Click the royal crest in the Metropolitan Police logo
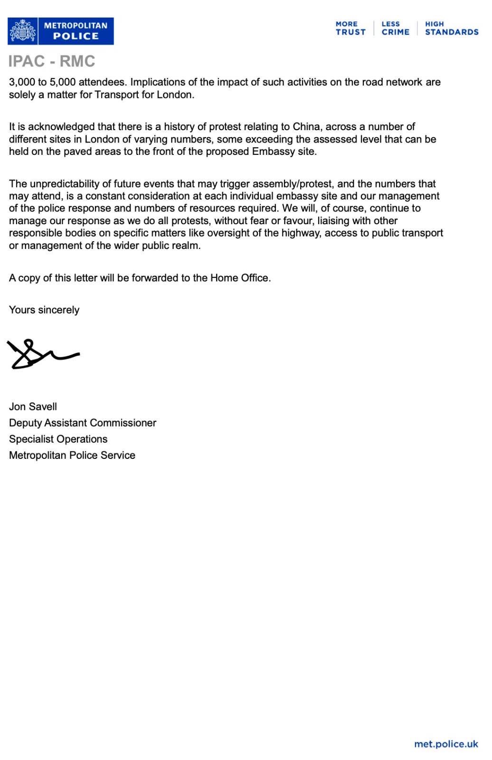[23, 31]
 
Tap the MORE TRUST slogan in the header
[350, 28]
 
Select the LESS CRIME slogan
[395, 28]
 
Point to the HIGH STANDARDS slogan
[451, 28]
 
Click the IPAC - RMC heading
[52, 61]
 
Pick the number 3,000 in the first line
[22, 82]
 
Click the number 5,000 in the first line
[63, 82]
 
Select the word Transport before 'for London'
[116, 95]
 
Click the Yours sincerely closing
[44, 310]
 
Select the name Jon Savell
[33, 407]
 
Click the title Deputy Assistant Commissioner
[83, 423]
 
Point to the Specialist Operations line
[58, 439]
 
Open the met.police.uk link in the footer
[446, 744]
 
